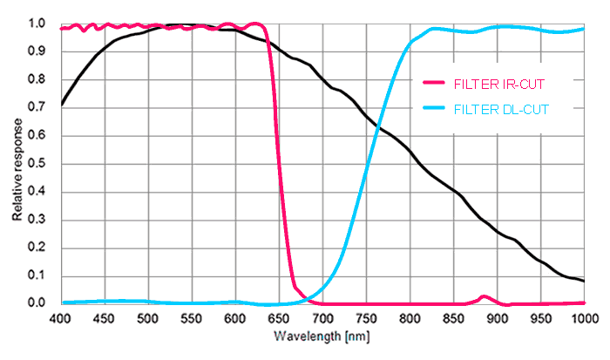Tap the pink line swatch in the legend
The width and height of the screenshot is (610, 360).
(x=433, y=83)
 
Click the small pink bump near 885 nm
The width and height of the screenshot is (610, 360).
(x=485, y=297)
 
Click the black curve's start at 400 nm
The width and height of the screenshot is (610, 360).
(x=61, y=105)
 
